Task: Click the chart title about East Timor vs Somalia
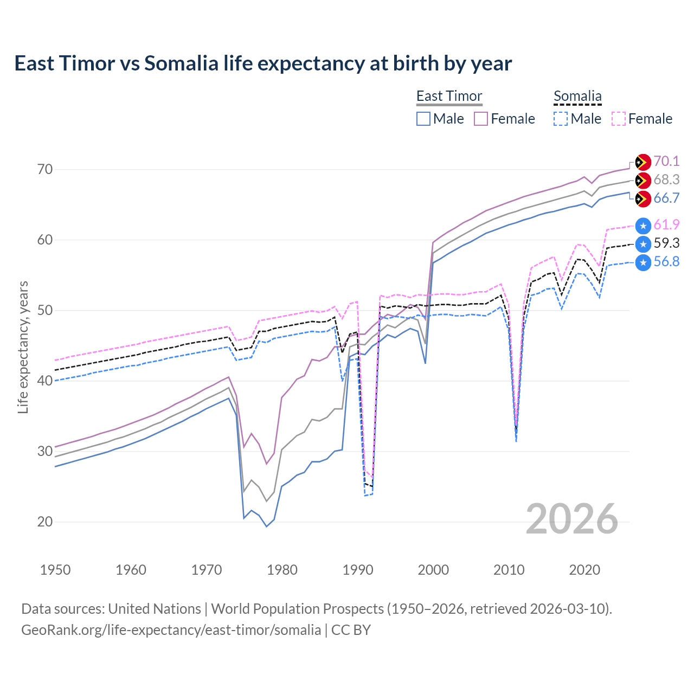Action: point(263,63)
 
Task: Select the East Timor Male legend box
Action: point(423,119)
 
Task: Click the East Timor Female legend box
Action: point(481,119)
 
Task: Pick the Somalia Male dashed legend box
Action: point(561,119)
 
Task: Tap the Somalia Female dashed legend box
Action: point(619,119)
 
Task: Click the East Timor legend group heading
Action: point(449,96)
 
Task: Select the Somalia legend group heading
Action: point(577,96)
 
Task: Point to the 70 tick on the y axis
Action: point(46,169)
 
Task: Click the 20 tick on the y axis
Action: point(46,522)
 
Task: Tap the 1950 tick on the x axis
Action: point(55,570)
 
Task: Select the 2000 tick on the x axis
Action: point(433,570)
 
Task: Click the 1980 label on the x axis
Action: point(282,570)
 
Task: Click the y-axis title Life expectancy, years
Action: point(23,347)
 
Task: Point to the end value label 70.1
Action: point(666,161)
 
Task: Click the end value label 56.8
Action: point(666,262)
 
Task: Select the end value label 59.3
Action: point(666,243)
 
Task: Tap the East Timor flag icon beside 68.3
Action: point(643,180)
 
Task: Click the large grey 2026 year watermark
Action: point(571,519)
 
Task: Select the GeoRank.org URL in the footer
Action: point(171,630)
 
